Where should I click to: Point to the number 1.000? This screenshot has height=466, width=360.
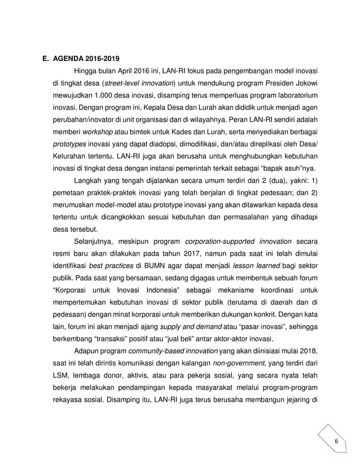pos(115,98)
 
